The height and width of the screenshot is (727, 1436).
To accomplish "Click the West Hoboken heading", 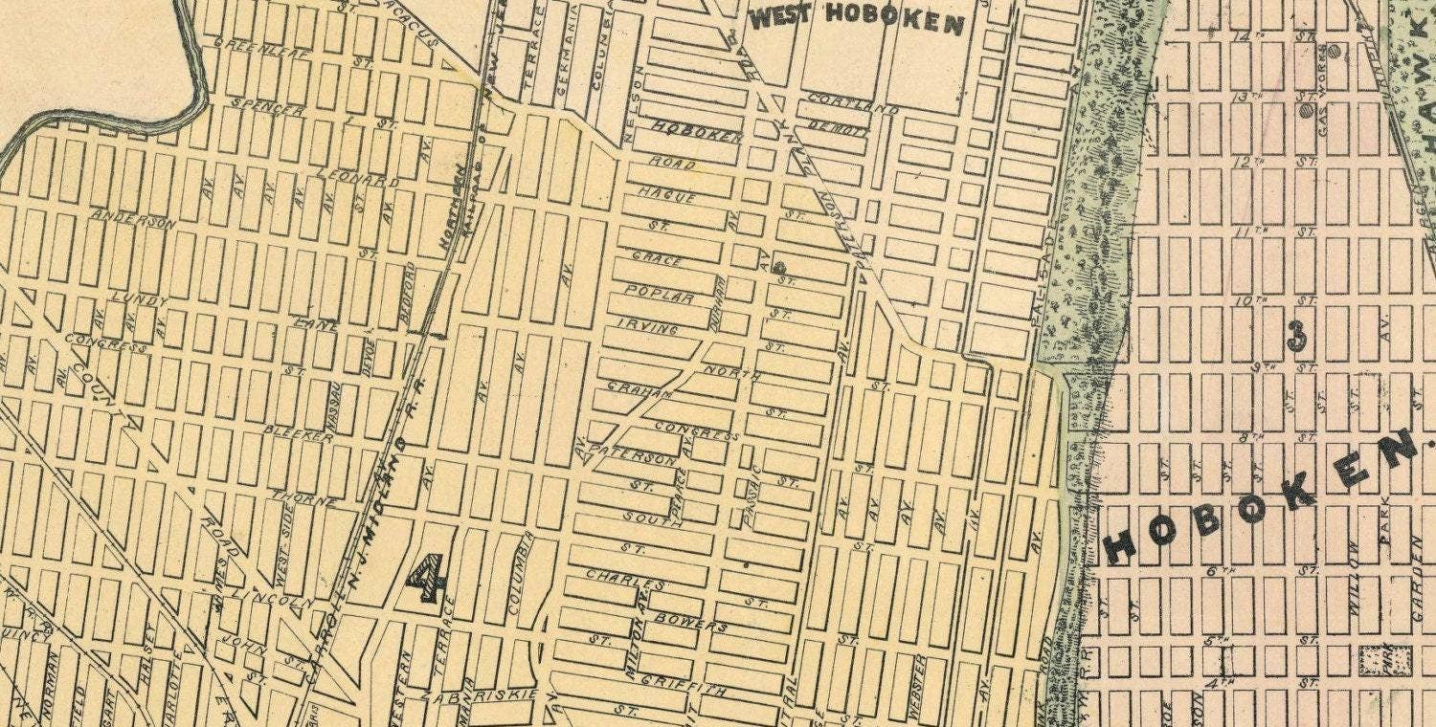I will point(856,19).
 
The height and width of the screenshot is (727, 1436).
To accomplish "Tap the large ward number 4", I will point(426,578).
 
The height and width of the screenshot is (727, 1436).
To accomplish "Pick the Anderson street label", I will point(134,219).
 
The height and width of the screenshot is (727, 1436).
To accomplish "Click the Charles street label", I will point(625,580).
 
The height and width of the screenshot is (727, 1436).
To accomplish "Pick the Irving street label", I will point(648,327).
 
